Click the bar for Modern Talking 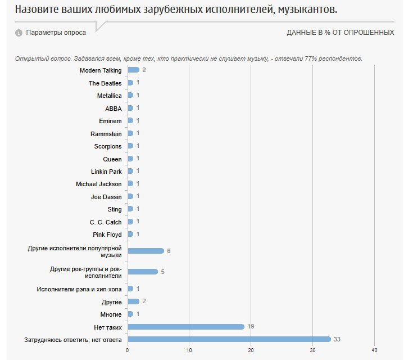coord(133,70)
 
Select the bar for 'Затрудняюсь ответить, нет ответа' coord(229,339)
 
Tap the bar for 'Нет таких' coord(186,326)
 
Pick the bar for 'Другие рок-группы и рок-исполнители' coord(143,272)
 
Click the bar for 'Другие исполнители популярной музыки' coord(146,251)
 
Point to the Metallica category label coord(109,96)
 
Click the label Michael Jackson coord(98,184)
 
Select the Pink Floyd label coord(107,235)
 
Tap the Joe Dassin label coord(106,197)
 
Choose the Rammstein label coord(106,133)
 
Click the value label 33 coord(337,339)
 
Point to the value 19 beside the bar coord(251,326)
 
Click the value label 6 coord(169,251)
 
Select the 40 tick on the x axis coord(374,350)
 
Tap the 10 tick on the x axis coord(189,350)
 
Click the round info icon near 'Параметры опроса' coord(19,33)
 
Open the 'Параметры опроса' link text coord(56,33)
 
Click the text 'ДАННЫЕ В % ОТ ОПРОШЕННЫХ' coord(340,33)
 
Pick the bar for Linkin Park coord(130,171)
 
